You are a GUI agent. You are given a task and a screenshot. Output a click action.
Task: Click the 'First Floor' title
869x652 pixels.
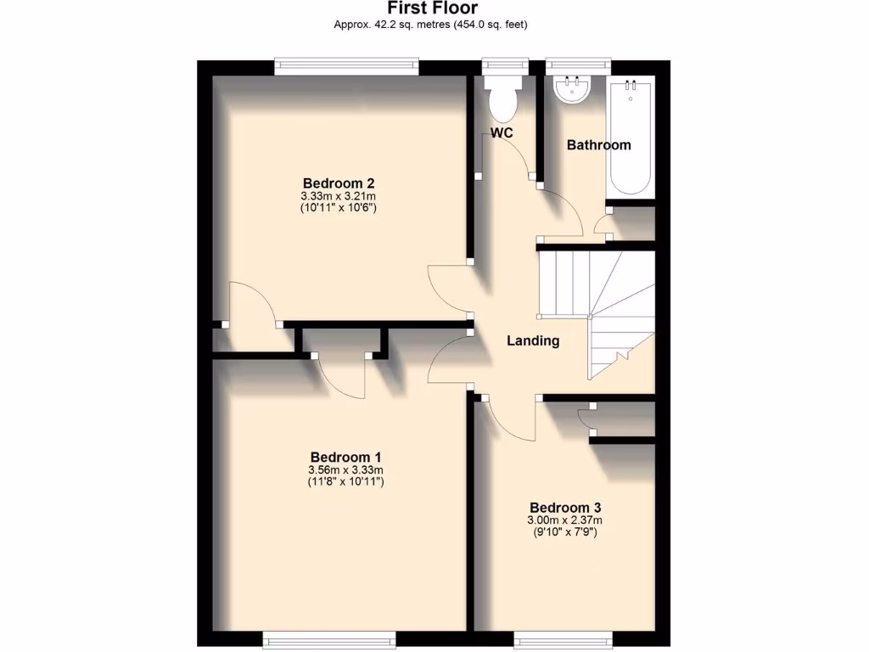pyautogui.click(x=433, y=8)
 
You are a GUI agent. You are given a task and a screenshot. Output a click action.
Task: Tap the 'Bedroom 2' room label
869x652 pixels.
pyautogui.click(x=339, y=183)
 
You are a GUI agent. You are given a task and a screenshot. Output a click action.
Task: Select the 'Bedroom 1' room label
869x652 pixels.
pyautogui.click(x=345, y=457)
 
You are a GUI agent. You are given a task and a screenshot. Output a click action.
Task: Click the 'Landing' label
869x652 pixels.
pyautogui.click(x=533, y=341)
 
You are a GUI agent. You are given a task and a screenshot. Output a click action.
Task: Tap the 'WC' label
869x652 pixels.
pyautogui.click(x=502, y=133)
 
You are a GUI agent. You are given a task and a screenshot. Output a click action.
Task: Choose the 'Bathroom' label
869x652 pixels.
pyautogui.click(x=598, y=145)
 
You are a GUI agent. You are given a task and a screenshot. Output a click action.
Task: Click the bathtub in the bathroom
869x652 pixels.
pyautogui.click(x=631, y=136)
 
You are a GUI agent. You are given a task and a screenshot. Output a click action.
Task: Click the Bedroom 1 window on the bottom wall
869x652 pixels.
pyautogui.click(x=328, y=638)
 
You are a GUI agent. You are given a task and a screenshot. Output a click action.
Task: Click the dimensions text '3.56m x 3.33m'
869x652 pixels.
pyautogui.click(x=345, y=470)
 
